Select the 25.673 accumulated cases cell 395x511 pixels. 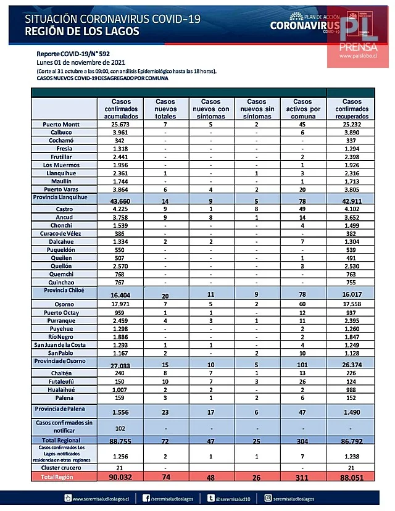click(122, 124)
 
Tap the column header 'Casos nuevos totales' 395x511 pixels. click(165, 109)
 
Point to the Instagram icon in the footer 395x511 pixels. click(268, 498)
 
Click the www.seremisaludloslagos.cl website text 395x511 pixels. click(102, 498)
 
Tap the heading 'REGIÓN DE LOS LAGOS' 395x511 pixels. click(82, 31)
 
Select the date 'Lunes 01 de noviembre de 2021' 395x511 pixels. click(81, 63)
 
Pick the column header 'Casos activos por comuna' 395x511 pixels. click(302, 109)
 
